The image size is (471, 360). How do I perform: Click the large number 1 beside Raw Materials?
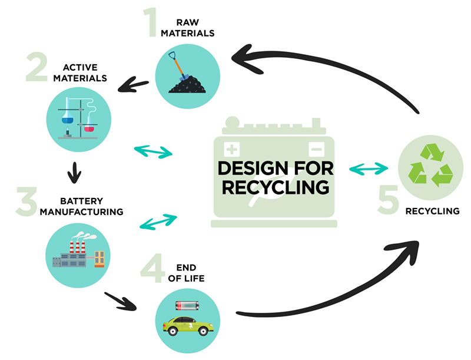pos(150,22)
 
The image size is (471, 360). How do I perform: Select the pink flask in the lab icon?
pos(89,128)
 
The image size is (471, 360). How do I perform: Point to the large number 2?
pos(37,67)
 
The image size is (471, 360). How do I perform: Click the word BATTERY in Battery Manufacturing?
pos(82,201)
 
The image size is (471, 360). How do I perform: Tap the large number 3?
pos(26,202)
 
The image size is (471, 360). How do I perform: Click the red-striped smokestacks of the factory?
pos(78,247)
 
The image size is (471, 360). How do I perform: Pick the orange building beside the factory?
pos(99,259)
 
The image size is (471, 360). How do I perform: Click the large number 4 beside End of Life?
pos(152,268)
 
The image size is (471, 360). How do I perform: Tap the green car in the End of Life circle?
pos(188,326)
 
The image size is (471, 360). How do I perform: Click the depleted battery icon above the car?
pos(187,306)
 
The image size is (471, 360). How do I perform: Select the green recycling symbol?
pos(430,165)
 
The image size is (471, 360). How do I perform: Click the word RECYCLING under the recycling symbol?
pos(433,212)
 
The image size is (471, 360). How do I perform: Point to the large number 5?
pos(388,200)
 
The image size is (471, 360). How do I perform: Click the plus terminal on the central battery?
pos(231,149)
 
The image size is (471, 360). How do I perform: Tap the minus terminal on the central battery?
pos(317,149)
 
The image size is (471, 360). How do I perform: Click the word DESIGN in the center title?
pos(254,169)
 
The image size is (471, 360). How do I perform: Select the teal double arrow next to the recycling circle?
pos(369,169)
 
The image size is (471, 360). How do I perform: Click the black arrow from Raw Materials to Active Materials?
pos(133,85)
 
